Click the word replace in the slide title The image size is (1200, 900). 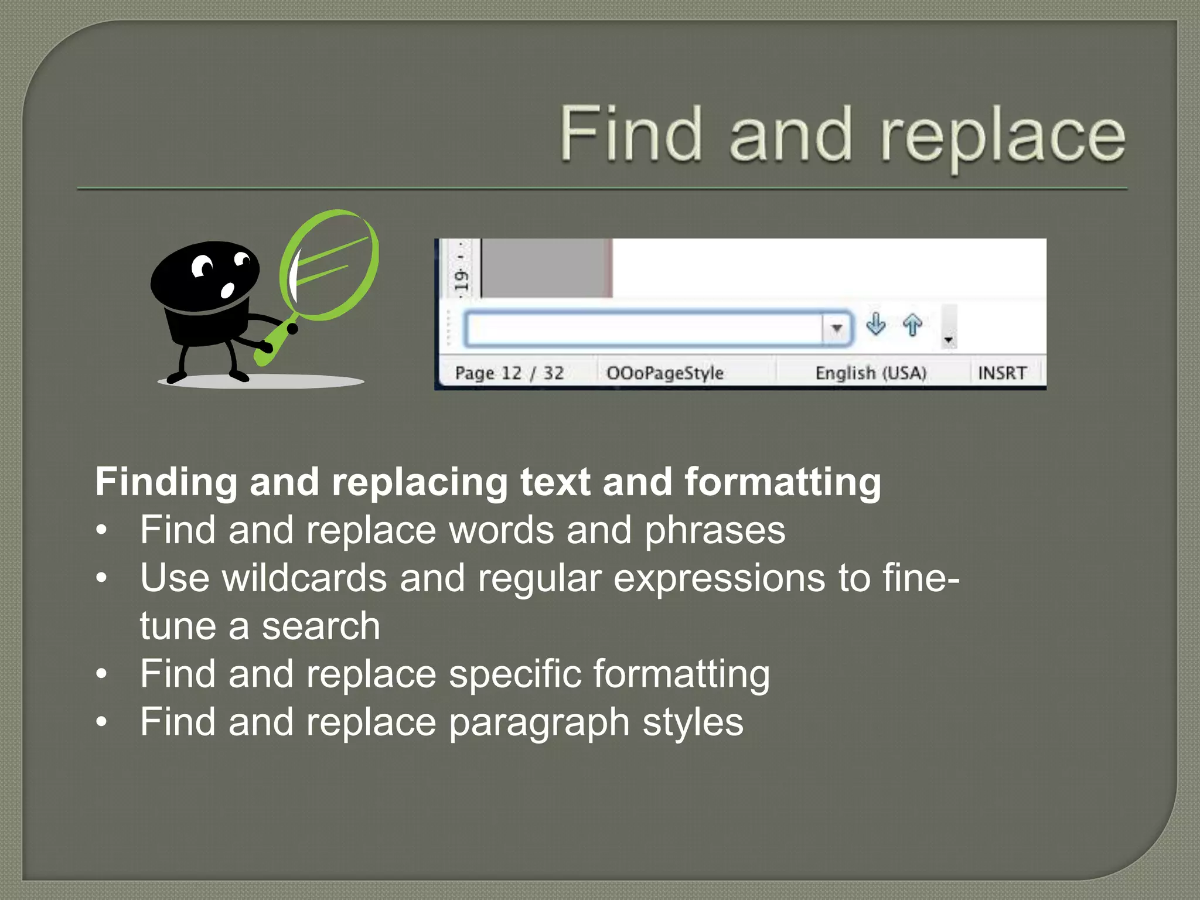coord(1003,138)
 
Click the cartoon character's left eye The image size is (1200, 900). coord(203,267)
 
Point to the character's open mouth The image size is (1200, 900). coord(227,289)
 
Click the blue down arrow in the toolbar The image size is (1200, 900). coord(875,324)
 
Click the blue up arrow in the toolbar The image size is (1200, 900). coord(912,325)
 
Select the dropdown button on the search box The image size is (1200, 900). coord(837,328)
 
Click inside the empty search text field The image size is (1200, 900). coord(645,329)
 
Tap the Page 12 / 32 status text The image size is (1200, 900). coord(509,373)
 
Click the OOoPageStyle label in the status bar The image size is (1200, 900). coord(665,373)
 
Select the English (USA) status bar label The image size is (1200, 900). coord(871,373)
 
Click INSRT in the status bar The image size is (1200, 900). coord(1002,373)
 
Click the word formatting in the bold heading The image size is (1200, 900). coord(783,483)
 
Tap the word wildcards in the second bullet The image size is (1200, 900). coord(304,578)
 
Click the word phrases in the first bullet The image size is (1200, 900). coord(715,530)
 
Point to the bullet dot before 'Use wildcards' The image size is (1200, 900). coord(102,578)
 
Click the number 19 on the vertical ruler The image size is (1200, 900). coord(462,280)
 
